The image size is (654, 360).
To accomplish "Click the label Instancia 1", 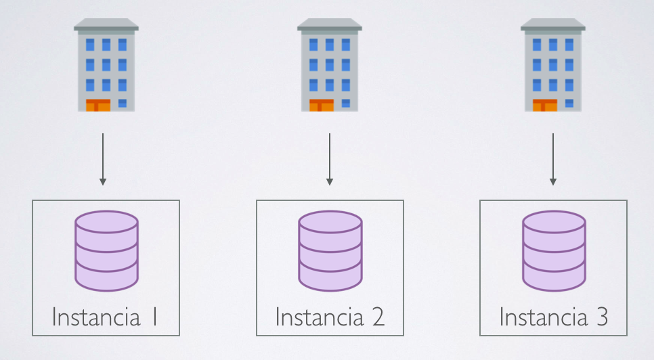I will coord(106,317).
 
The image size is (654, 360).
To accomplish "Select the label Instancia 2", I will coord(330,317).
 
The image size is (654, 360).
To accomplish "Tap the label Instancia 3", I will coord(553,317).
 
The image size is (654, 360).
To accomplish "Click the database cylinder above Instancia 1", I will coord(106,250).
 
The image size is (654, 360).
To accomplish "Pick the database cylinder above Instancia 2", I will coord(330,250).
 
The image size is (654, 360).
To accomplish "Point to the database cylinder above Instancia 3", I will coord(553,250).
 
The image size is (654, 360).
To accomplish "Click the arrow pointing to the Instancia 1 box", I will coord(103,159).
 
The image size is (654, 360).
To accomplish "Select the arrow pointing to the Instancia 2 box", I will coord(330,159).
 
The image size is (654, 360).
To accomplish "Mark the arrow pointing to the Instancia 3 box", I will coord(553,159).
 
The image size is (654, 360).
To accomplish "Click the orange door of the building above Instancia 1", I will coord(98,105).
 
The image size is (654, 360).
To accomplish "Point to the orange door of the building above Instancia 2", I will coord(322,105).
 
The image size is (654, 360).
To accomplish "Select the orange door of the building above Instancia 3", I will coord(545,105).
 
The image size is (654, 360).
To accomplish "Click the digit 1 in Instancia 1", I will coord(154,317).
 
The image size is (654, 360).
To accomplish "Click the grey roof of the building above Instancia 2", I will coord(330,25).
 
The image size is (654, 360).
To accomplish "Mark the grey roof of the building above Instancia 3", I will coord(553,25).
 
